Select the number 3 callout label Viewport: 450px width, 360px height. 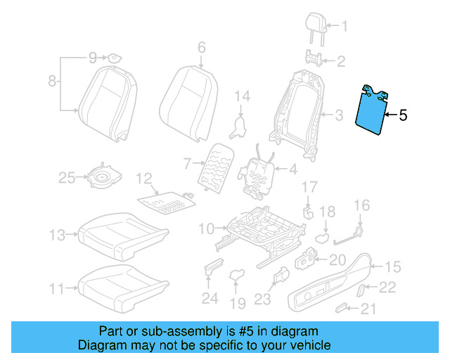coord(338,115)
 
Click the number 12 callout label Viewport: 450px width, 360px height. coord(143,179)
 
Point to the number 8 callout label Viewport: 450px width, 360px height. coord(52,82)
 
